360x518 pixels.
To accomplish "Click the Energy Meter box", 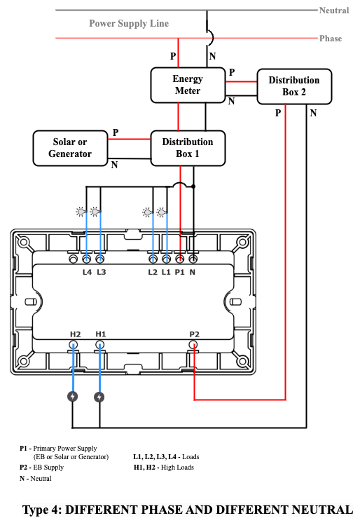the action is (x=188, y=86).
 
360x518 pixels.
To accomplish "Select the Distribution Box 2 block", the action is (x=294, y=86).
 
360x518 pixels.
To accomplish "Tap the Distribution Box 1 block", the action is (x=188, y=148).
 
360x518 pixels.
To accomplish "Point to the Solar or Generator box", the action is (x=70, y=148).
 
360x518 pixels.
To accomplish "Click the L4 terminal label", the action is (x=87, y=272).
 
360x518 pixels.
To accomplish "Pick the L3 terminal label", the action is (x=102, y=272).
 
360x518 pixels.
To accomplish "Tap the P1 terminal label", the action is (x=179, y=272).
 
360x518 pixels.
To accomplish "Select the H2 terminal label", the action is (x=75, y=334).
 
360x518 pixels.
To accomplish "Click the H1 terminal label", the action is (x=101, y=334).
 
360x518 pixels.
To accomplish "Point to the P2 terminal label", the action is (x=194, y=334).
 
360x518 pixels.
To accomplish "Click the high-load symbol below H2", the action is (x=73, y=397).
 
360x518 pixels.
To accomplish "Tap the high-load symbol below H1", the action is (x=99, y=397).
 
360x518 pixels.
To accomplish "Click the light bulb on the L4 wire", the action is (x=81, y=212).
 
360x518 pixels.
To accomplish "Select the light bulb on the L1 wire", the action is (x=161, y=212).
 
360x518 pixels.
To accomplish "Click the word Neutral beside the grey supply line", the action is (x=334, y=11).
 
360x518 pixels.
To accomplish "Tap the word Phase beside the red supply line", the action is (x=331, y=39).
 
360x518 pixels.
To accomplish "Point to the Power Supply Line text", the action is (x=129, y=23).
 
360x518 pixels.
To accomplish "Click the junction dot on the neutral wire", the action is (x=193, y=186).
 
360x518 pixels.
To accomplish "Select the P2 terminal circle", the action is (x=193, y=346).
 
